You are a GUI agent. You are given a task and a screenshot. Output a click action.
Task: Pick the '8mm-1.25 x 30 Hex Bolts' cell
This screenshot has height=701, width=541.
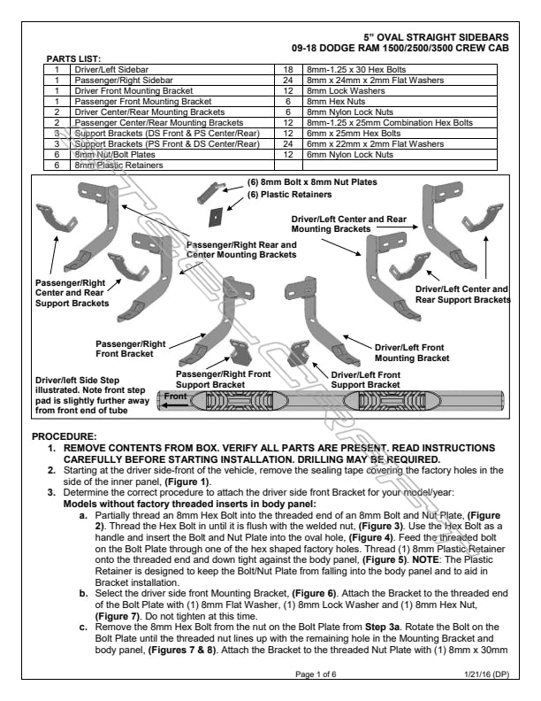tap(347, 68)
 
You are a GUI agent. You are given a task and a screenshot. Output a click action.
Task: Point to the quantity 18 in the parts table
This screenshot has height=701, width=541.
tap(288, 68)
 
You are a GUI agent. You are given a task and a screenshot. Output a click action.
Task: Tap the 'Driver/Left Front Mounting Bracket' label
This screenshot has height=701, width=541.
tap(411, 353)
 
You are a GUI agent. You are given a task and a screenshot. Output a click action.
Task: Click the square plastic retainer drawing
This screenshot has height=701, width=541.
tap(215, 214)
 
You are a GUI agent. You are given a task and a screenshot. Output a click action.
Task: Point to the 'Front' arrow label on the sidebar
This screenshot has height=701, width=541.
tap(175, 397)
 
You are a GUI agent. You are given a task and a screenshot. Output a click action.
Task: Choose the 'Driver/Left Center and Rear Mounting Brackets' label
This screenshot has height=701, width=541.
tap(348, 222)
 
